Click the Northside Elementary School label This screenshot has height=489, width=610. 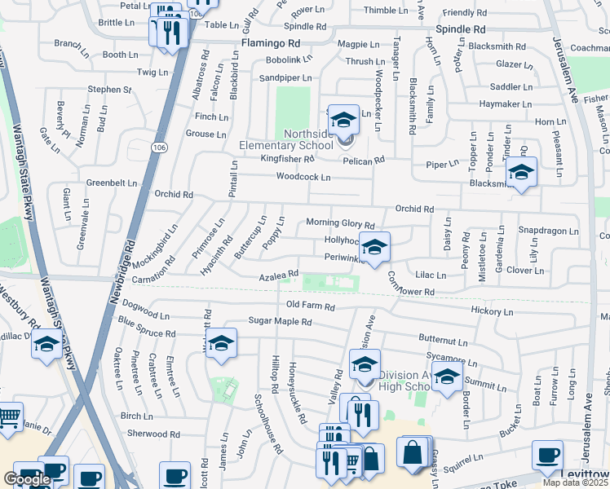[297, 140]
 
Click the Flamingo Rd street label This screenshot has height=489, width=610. [271, 42]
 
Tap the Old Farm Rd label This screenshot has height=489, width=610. [311, 306]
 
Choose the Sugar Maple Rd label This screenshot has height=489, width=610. [281, 322]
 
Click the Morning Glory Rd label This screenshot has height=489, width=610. [340, 223]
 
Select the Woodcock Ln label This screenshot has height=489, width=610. [303, 177]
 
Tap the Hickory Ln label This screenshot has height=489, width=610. [493, 311]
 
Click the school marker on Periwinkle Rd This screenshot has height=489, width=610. [374, 246]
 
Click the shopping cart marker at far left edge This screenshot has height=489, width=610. [8, 417]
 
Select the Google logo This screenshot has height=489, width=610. [27, 479]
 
